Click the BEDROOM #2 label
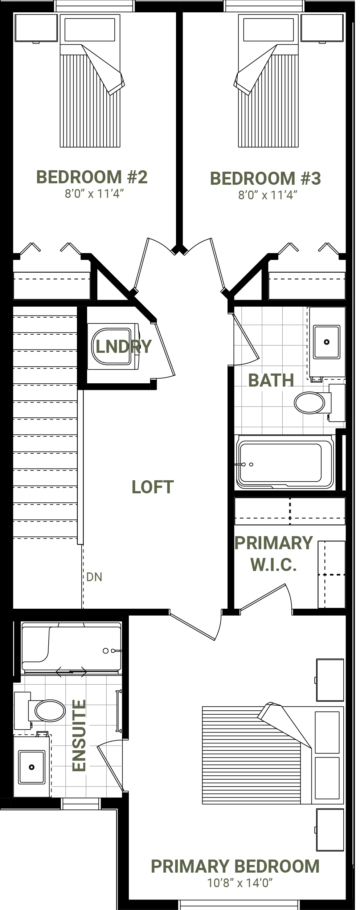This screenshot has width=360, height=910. pyautogui.click(x=92, y=177)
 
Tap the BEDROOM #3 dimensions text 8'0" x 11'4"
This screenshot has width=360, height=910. pyautogui.click(x=267, y=195)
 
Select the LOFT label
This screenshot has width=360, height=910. pyautogui.click(x=152, y=487)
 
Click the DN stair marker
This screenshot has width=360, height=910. pyautogui.click(x=94, y=577)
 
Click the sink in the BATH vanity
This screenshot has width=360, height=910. pyautogui.click(x=327, y=342)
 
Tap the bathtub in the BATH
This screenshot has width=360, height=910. pyautogui.click(x=285, y=462)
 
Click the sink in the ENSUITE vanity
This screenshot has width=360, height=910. pyautogui.click(x=32, y=767)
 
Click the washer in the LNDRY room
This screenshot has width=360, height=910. pyautogui.click(x=113, y=346)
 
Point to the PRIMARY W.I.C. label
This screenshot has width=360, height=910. pyautogui.click(x=274, y=554)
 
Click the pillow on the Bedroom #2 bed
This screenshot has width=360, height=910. pyautogui.click(x=90, y=30)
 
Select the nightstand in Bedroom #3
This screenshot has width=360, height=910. pyautogui.click(x=322, y=28)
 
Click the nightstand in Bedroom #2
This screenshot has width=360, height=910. pyautogui.click(x=36, y=28)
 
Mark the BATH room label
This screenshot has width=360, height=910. pyautogui.click(x=271, y=380)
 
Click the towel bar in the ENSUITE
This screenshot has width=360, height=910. pyautogui.click(x=118, y=710)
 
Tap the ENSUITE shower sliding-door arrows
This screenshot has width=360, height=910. pyautogui.click(x=71, y=672)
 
